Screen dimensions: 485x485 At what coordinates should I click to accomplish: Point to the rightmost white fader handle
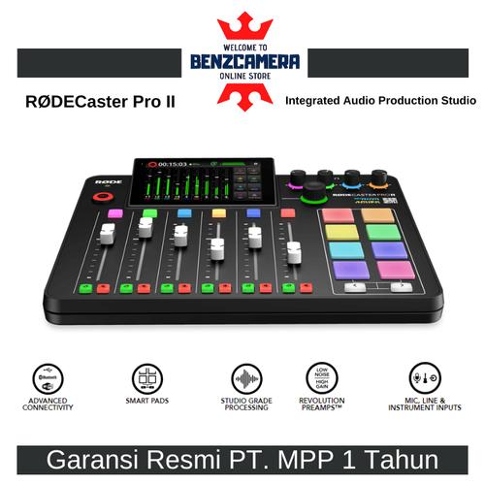pos(287,236)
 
